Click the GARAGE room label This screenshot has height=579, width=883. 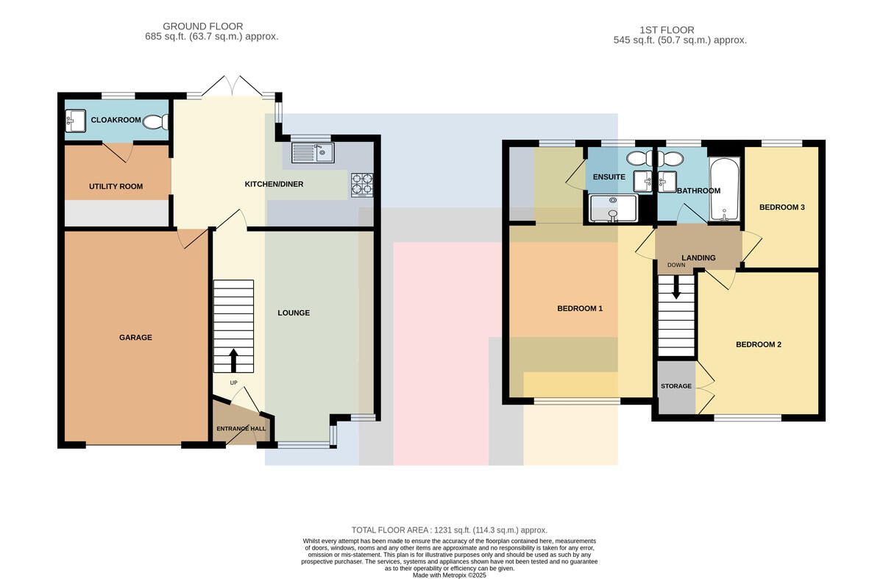click(135, 338)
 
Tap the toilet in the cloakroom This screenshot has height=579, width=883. click(156, 122)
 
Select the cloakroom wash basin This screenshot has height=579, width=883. click(75, 121)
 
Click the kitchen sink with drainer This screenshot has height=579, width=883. click(313, 153)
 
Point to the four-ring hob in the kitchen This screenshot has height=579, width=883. click(362, 185)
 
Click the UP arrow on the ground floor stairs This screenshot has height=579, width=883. click(233, 360)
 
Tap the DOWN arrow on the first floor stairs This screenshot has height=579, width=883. click(676, 287)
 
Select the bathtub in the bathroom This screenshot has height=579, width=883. click(724, 189)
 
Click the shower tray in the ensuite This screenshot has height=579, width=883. click(612, 207)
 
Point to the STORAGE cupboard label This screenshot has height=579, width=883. click(676, 386)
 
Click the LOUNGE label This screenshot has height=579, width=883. click(294, 313)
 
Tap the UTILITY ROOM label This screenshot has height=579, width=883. click(116, 186)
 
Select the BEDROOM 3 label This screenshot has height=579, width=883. click(782, 207)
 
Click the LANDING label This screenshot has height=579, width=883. click(698, 257)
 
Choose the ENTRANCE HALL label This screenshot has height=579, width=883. click(241, 428)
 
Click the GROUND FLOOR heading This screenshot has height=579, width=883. click(202, 26)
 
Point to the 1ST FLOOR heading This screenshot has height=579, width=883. click(667, 30)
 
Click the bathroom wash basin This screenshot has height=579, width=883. click(667, 182)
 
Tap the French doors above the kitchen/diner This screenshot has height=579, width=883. click(233, 85)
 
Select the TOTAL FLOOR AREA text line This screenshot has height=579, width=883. click(450, 530)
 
